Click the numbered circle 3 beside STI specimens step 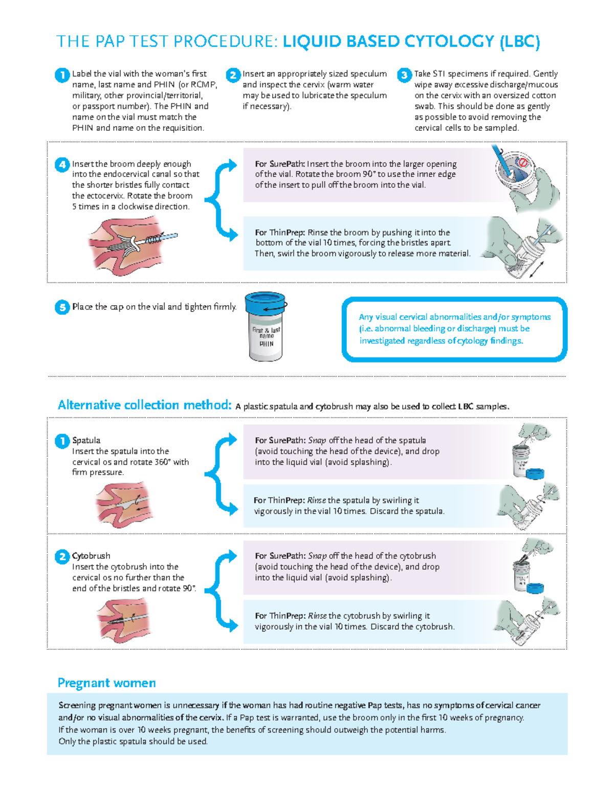point(404,75)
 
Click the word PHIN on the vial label point(266,344)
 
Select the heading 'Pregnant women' point(106,683)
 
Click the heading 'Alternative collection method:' point(144,405)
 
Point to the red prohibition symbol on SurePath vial point(523,162)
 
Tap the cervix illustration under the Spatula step point(124,505)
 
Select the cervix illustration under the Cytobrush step point(124,620)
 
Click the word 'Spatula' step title point(86,440)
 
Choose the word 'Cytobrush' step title point(91,556)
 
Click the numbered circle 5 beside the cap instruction point(62,307)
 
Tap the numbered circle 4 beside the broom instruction point(62,165)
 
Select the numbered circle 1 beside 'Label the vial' point(62,75)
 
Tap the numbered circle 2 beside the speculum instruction point(233,75)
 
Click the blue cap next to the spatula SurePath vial point(535,473)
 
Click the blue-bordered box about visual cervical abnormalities point(454,329)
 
